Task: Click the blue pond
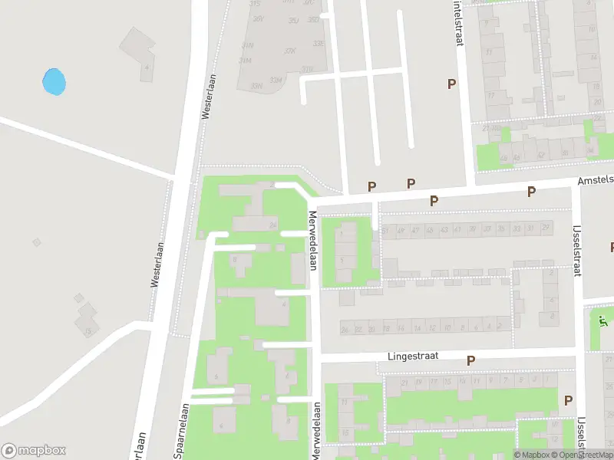point(54,82)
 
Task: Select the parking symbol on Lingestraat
point(470,360)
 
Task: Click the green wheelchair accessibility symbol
point(603,321)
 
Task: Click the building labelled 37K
point(289,51)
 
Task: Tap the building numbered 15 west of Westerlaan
point(89,330)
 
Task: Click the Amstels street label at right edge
point(596,179)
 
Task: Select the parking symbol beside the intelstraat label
point(451,84)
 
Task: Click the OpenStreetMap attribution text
point(582,455)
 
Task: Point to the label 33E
point(319,44)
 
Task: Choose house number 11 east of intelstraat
point(489,53)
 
